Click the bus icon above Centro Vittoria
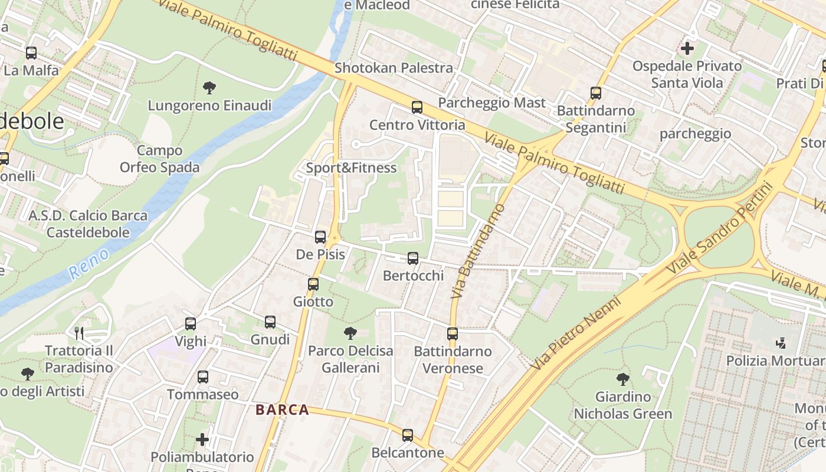point(417,107)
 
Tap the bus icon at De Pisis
point(320,237)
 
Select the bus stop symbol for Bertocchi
point(413,258)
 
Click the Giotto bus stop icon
point(313,284)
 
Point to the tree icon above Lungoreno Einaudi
point(209,88)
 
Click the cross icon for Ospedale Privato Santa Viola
point(687,48)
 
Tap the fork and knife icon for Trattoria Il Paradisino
point(79,333)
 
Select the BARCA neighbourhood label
point(283,410)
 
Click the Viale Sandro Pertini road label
point(719,228)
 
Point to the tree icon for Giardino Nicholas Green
point(622,379)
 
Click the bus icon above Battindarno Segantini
point(596,93)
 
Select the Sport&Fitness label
point(351,168)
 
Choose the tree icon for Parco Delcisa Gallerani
point(350,333)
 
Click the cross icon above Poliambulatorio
point(202,440)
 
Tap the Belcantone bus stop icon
point(408,435)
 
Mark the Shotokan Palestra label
point(394,68)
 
